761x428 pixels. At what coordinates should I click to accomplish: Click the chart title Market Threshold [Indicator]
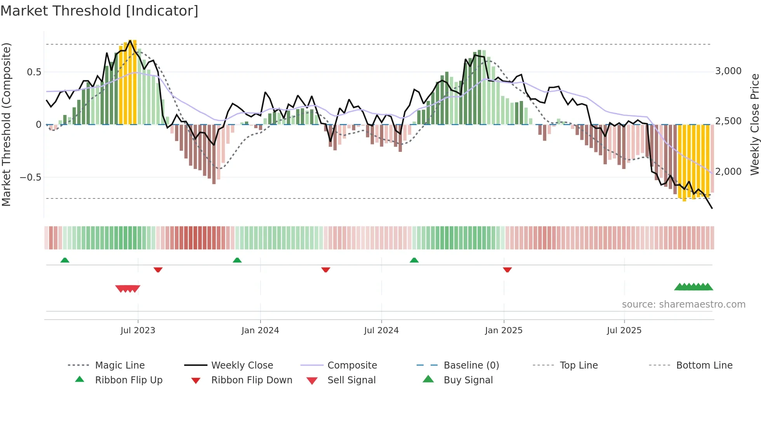(x=99, y=11)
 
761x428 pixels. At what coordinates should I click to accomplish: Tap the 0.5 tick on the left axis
(x=34, y=72)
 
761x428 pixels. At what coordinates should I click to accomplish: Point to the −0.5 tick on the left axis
(x=30, y=177)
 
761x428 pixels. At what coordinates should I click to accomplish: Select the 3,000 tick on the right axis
(x=728, y=71)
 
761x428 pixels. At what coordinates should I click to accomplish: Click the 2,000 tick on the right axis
(x=728, y=172)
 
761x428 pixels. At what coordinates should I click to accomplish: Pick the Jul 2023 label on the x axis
(x=138, y=331)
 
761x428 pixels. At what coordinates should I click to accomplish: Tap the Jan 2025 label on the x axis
(x=504, y=331)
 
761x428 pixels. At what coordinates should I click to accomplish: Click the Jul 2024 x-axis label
(x=381, y=331)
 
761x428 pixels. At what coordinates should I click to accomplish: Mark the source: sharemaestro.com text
(x=683, y=304)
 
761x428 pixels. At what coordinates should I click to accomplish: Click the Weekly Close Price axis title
(x=754, y=124)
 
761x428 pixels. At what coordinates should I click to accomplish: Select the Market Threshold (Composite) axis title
(x=6, y=124)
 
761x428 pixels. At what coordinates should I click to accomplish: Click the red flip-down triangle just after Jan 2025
(x=507, y=270)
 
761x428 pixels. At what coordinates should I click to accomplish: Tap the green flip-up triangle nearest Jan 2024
(x=237, y=260)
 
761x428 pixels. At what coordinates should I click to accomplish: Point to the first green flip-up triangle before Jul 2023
(x=65, y=260)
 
